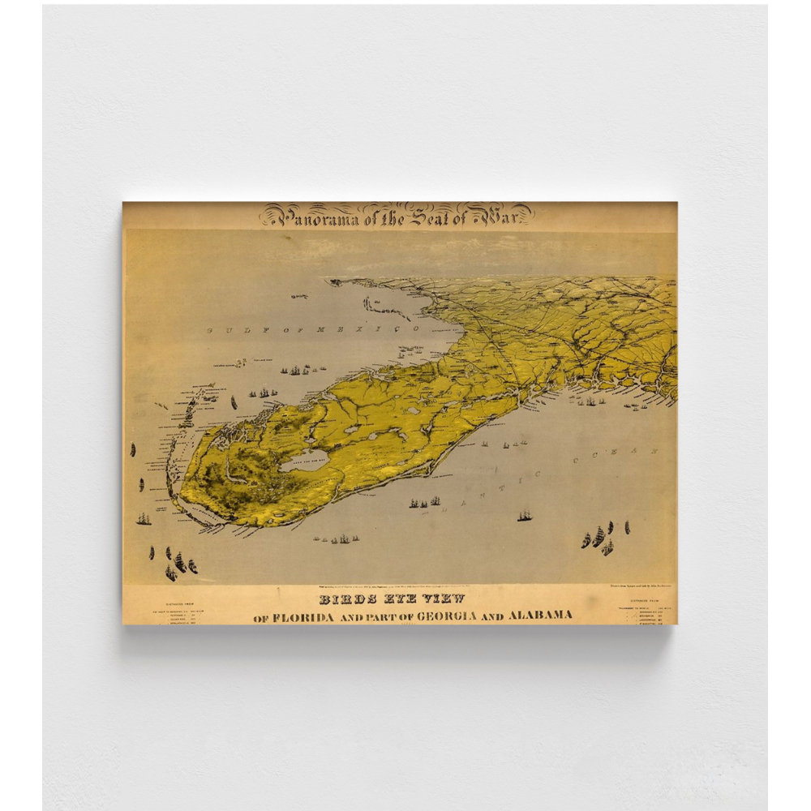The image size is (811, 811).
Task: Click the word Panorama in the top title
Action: pos(309,217)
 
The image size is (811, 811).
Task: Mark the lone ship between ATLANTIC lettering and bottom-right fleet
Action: pos(525,515)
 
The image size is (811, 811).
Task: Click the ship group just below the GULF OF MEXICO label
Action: pos(296,370)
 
